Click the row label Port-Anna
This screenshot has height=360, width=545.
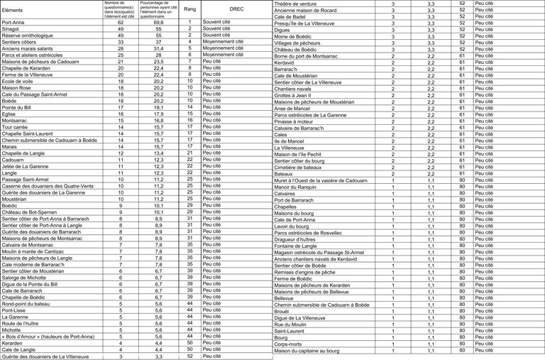pyautogui.click(x=14, y=23)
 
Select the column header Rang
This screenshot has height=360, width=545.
pyautogui.click(x=189, y=11)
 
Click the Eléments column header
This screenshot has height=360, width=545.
pyautogui.click(x=13, y=11)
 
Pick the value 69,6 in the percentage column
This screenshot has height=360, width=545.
pyautogui.click(x=158, y=23)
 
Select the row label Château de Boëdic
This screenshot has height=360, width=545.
pyautogui.click(x=295, y=50)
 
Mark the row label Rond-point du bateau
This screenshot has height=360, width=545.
pyautogui.click(x=26, y=303)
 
